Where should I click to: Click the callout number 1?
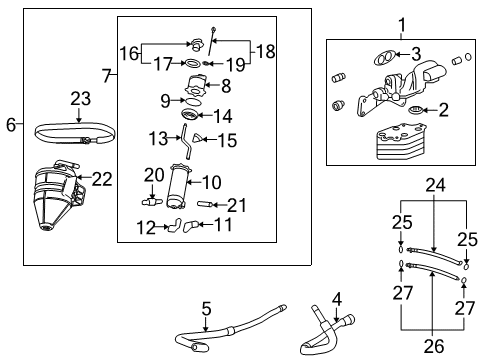pos(402,24)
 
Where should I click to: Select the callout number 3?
pos(416,55)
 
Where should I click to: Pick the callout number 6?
pos(11,125)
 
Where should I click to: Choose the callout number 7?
pos(108,75)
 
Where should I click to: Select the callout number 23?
pos(80,99)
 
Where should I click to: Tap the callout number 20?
pos(152,175)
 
